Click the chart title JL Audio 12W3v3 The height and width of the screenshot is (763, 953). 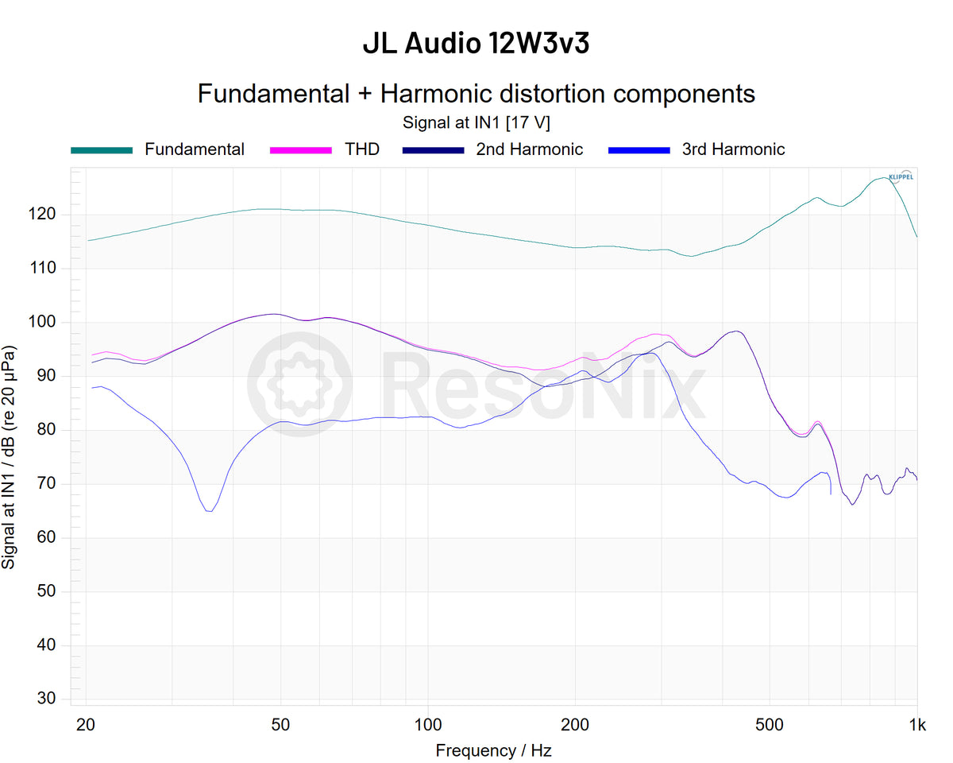(476, 45)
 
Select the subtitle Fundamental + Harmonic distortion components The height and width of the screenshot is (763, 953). (476, 94)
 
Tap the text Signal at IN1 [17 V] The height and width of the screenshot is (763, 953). (476, 122)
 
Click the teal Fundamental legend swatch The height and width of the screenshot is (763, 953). (102, 149)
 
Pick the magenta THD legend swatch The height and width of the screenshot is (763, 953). (301, 149)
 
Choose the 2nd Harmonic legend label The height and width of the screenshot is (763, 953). (529, 149)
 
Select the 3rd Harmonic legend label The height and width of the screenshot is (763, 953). (733, 149)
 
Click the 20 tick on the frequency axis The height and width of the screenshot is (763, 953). (86, 724)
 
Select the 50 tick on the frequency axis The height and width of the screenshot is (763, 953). (280, 724)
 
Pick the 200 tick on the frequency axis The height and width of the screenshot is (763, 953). (575, 724)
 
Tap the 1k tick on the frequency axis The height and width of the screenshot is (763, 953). (917, 724)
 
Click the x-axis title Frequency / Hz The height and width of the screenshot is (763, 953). (493, 750)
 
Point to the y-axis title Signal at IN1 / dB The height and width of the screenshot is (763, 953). (10, 456)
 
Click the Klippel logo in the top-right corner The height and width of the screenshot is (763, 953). (900, 176)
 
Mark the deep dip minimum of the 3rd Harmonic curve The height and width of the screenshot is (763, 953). (209, 511)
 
